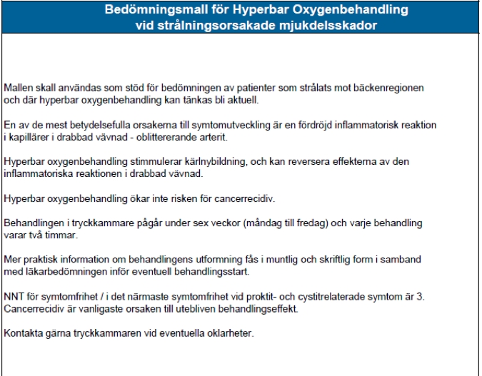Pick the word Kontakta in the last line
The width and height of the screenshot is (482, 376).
click(21, 333)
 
